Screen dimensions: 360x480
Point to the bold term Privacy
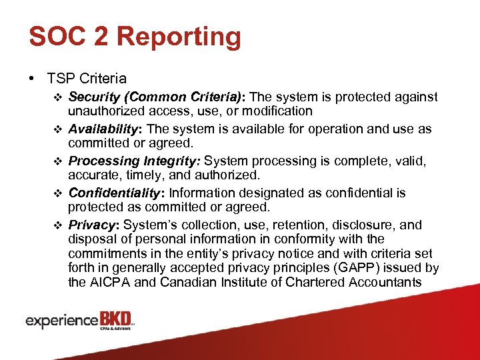(x=93, y=225)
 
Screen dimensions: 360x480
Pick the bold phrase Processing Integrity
(x=135, y=161)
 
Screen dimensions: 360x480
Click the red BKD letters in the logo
(x=116, y=319)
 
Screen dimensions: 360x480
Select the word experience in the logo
(x=62, y=321)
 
